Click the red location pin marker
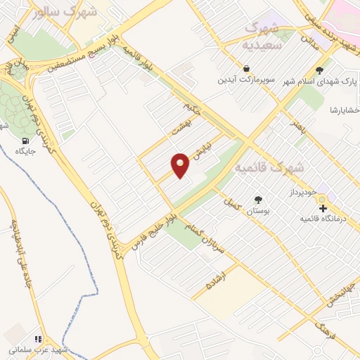tap(181, 165)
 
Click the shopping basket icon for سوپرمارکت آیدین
tap(247, 69)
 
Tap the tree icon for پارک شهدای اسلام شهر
tap(321, 70)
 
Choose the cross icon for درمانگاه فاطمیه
tap(323, 209)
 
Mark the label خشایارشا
tap(345, 110)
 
